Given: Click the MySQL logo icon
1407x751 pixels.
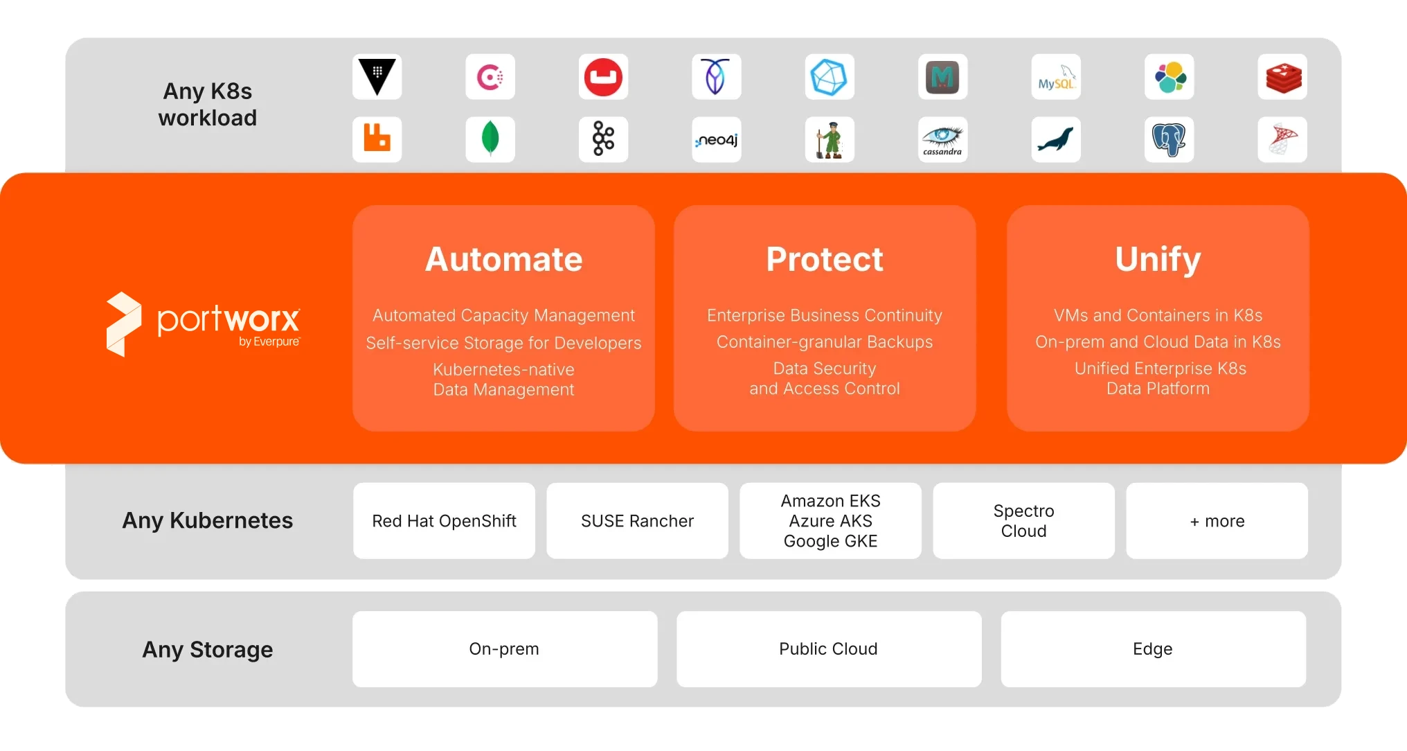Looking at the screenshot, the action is coord(1056,77).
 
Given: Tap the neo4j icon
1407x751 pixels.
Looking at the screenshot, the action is coord(717,140).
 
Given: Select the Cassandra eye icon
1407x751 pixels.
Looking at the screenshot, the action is coord(943,140).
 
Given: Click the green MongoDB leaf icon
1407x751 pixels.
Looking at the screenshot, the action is coord(490,140).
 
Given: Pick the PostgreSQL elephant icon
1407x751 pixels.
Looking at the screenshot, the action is coord(1169,140).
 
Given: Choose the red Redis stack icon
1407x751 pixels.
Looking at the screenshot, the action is coord(1282,77).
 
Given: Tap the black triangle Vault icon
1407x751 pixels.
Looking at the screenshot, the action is coord(377,77).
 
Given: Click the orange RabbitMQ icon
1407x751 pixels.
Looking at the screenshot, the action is coord(377,140).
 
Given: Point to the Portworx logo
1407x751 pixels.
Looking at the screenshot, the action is coord(204,324).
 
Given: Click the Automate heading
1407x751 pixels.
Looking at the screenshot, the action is coord(504,259).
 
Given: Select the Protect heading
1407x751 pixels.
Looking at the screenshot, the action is coord(825,259).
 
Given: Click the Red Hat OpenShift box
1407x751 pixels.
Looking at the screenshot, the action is coord(445,521).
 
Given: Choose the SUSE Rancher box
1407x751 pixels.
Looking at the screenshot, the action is coord(638,521).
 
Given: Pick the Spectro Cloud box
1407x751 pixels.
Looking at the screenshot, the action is coord(1024,521).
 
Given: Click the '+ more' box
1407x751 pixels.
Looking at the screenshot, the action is coord(1217,521).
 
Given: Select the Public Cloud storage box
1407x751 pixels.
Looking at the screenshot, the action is coord(829,649).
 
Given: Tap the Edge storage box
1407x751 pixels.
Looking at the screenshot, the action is coord(1154,649).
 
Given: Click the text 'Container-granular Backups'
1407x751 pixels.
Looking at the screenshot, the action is coord(825,342).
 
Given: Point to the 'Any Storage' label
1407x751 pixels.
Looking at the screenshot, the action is coord(208,650).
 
